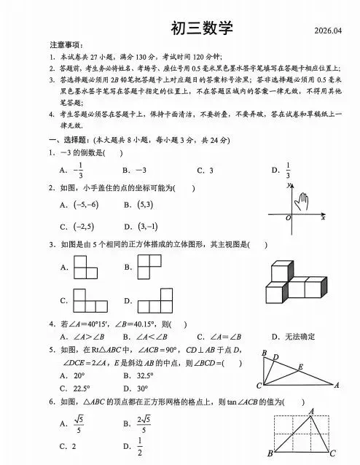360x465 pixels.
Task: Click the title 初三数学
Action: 201,28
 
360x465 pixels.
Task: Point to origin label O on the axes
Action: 288,217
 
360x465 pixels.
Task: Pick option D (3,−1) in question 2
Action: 146,226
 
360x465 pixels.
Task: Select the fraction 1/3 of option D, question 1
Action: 288,170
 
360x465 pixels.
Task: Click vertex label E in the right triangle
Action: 300,366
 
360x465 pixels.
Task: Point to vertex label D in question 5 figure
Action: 275,356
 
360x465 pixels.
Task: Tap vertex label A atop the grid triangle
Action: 312,411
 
